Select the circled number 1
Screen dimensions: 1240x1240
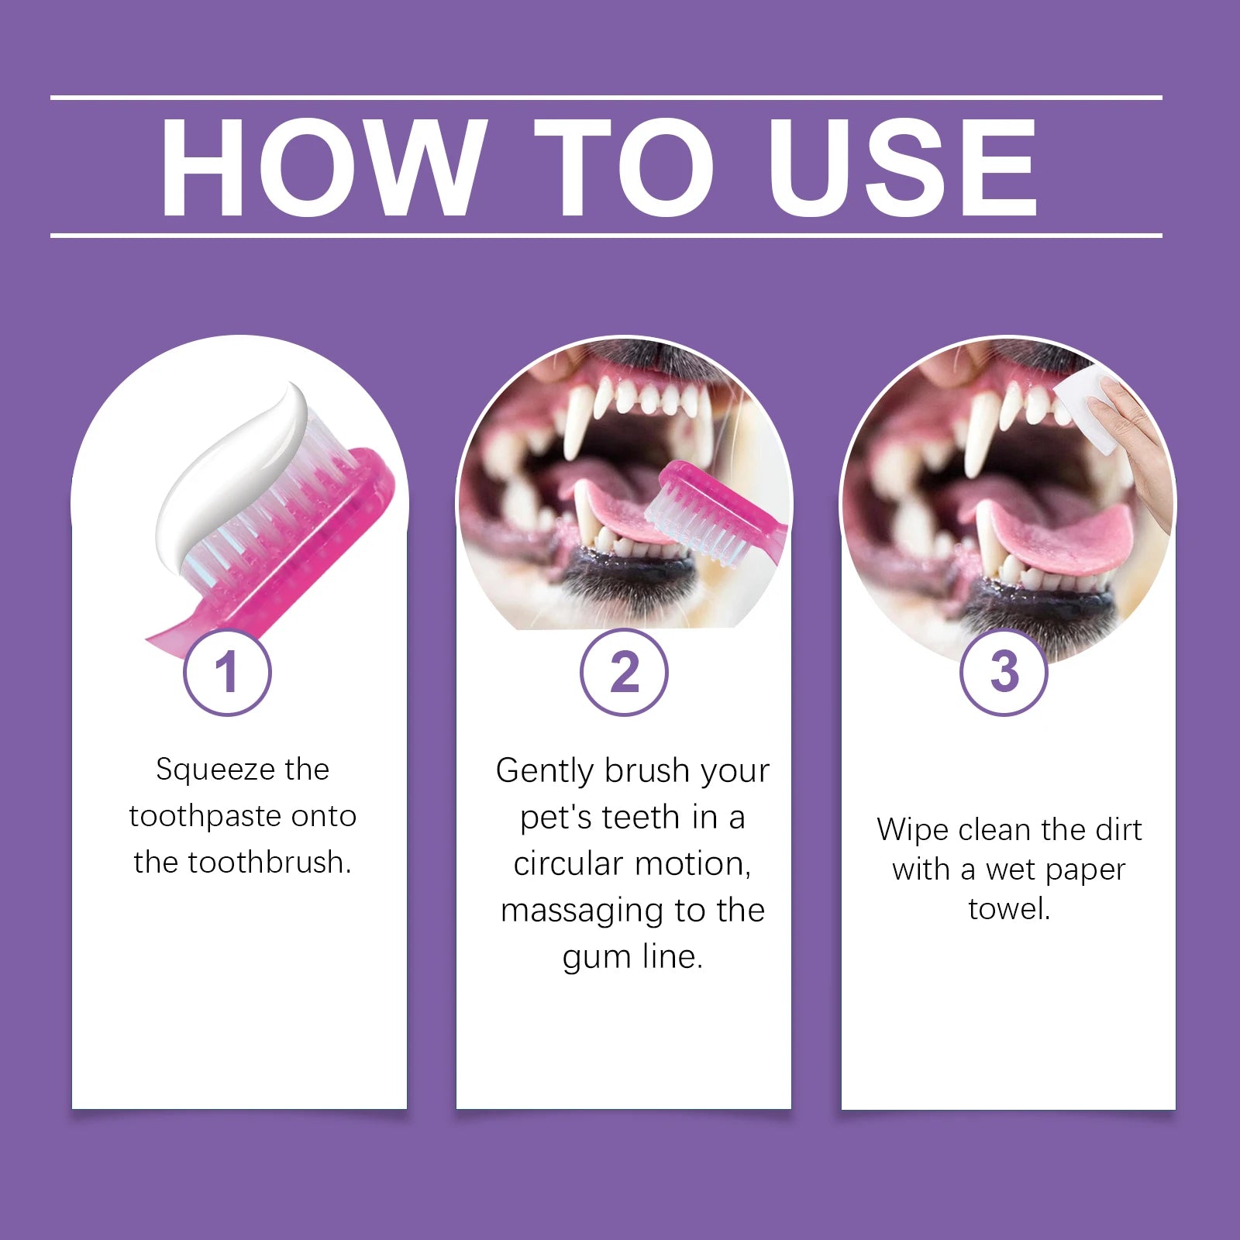coord(227,672)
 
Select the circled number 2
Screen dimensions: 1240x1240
coord(624,672)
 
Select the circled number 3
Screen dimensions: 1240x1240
coord(1004,672)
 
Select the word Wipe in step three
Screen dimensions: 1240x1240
coord(912,830)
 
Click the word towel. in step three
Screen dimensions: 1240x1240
coord(1009,908)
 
